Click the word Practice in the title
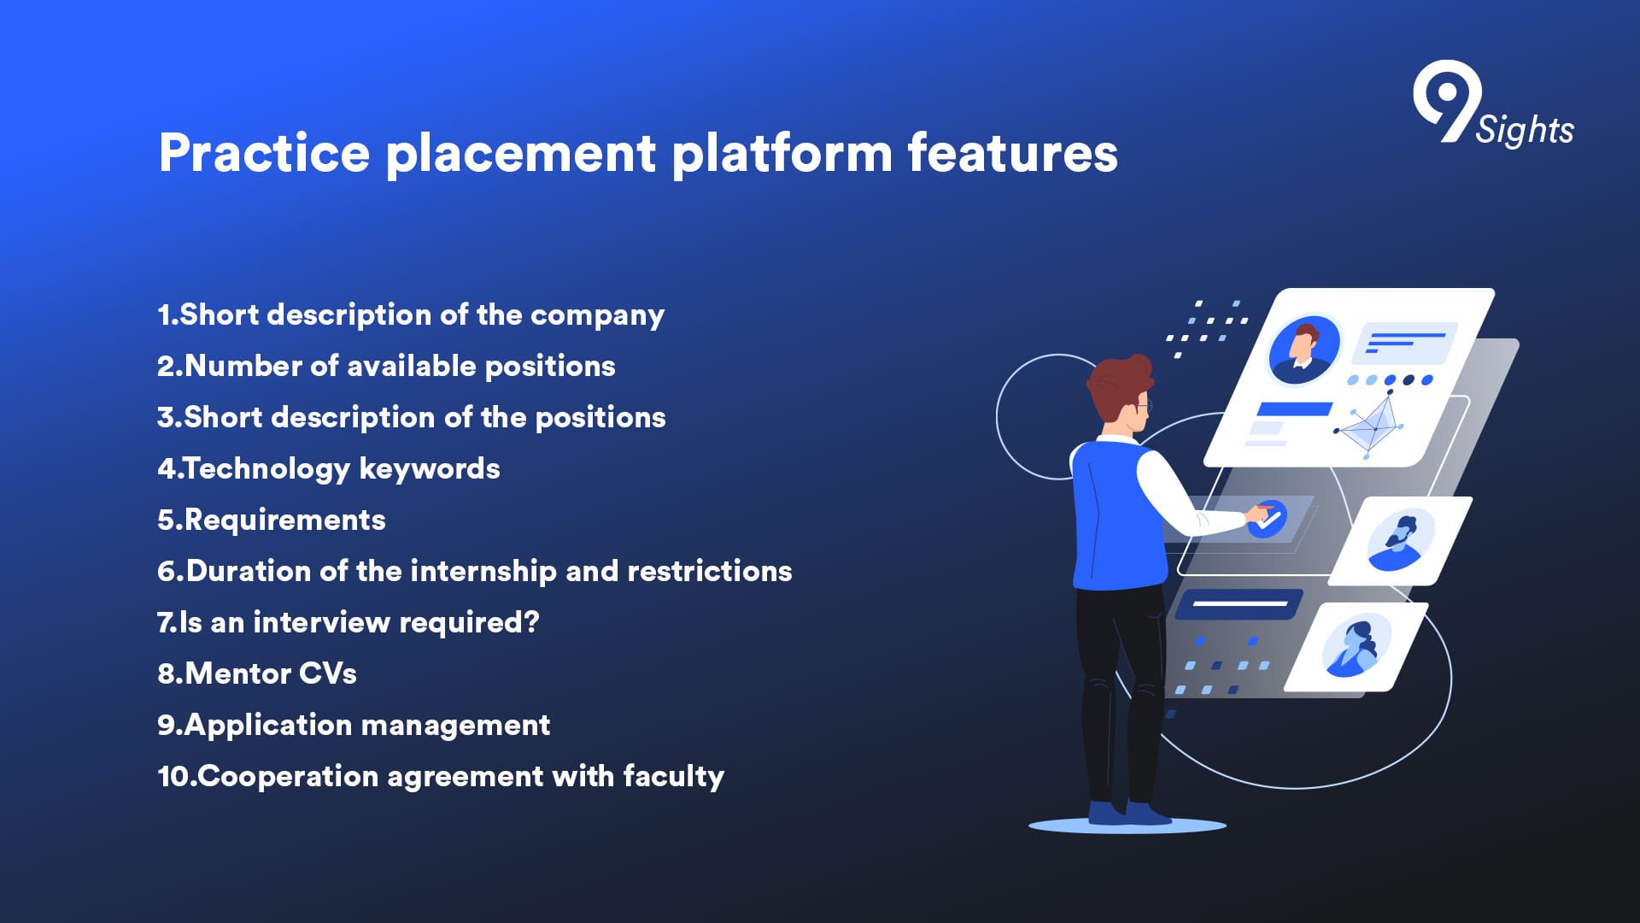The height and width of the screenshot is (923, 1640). coord(264,153)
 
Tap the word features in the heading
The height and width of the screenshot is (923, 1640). coord(1012,153)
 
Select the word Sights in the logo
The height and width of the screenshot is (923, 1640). coord(1525,131)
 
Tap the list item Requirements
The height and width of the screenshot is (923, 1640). coord(272,520)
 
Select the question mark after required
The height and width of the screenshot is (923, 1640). coord(532,621)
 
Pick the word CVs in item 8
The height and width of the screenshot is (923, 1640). coord(327,673)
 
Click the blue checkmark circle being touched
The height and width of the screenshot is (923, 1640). coord(1268,519)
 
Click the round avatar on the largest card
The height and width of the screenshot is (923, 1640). coord(1303,350)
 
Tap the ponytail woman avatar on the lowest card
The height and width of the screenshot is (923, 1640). coord(1356,646)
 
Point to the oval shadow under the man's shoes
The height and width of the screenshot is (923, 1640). coord(1127,826)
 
